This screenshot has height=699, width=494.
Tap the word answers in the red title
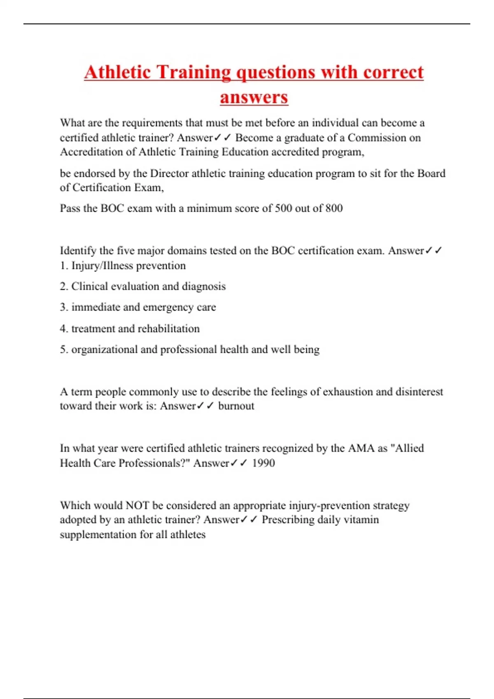(254, 97)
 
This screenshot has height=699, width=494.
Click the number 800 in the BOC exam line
(334, 208)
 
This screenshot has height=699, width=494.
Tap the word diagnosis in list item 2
(203, 287)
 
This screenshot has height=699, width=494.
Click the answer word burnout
(236, 406)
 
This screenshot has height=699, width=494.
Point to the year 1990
(263, 463)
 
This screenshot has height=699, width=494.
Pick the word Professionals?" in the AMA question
(154, 463)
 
